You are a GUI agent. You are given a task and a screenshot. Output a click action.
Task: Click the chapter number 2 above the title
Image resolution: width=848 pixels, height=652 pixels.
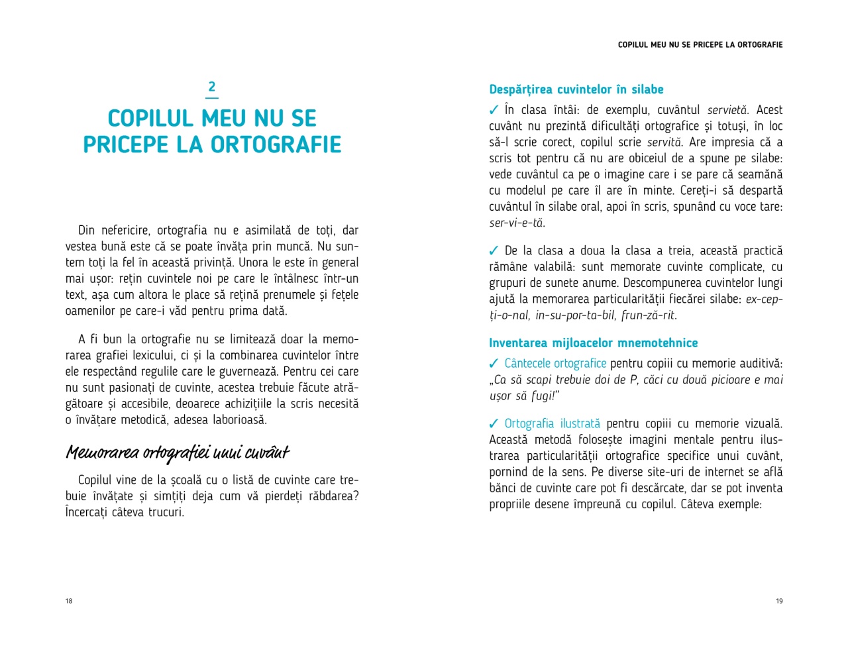(212, 87)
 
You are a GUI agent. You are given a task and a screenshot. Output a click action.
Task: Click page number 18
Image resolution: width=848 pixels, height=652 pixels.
(69, 601)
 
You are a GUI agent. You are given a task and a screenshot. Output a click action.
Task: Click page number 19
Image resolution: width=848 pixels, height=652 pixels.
(779, 601)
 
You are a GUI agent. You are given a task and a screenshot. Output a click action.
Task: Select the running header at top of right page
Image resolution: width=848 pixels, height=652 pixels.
(700, 45)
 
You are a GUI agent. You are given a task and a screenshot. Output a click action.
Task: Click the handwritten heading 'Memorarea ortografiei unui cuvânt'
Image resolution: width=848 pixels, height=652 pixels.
(178, 453)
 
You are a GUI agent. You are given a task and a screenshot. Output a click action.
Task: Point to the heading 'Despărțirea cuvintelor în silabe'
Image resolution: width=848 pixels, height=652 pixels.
(576, 89)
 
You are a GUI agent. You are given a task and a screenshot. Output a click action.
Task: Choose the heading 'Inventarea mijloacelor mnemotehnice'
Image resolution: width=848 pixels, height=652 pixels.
(593, 343)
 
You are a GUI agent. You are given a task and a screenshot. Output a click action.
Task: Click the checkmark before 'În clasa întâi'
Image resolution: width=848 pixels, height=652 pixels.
(494, 110)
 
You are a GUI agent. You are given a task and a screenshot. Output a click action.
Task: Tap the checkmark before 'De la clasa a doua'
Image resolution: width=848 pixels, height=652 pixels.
(494, 251)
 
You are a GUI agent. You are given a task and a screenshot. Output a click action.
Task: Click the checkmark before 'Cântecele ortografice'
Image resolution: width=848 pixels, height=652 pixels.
(494, 364)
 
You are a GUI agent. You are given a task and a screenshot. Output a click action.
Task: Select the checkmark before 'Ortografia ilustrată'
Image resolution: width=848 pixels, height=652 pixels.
(494, 424)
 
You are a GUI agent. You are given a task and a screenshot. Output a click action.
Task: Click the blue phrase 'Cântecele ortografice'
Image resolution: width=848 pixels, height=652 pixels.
(555, 364)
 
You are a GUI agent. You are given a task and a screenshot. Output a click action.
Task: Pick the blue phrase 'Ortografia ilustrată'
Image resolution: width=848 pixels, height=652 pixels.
(552, 424)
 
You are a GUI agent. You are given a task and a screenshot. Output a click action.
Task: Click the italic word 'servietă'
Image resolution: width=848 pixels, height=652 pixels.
(727, 110)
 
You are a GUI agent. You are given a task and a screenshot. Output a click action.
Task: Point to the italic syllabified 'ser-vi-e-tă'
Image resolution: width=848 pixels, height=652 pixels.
(517, 223)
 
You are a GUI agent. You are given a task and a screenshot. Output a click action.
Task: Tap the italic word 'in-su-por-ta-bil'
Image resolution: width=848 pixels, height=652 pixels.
(575, 315)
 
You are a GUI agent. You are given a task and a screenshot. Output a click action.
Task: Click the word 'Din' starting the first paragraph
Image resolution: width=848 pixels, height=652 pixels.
(86, 231)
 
